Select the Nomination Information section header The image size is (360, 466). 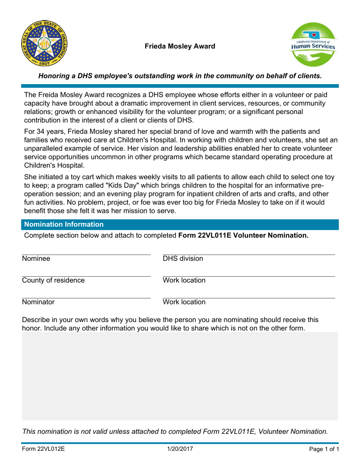(64, 224)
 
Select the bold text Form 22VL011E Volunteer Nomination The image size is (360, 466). (243, 236)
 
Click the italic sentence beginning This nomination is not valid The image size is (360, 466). (175, 431)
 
